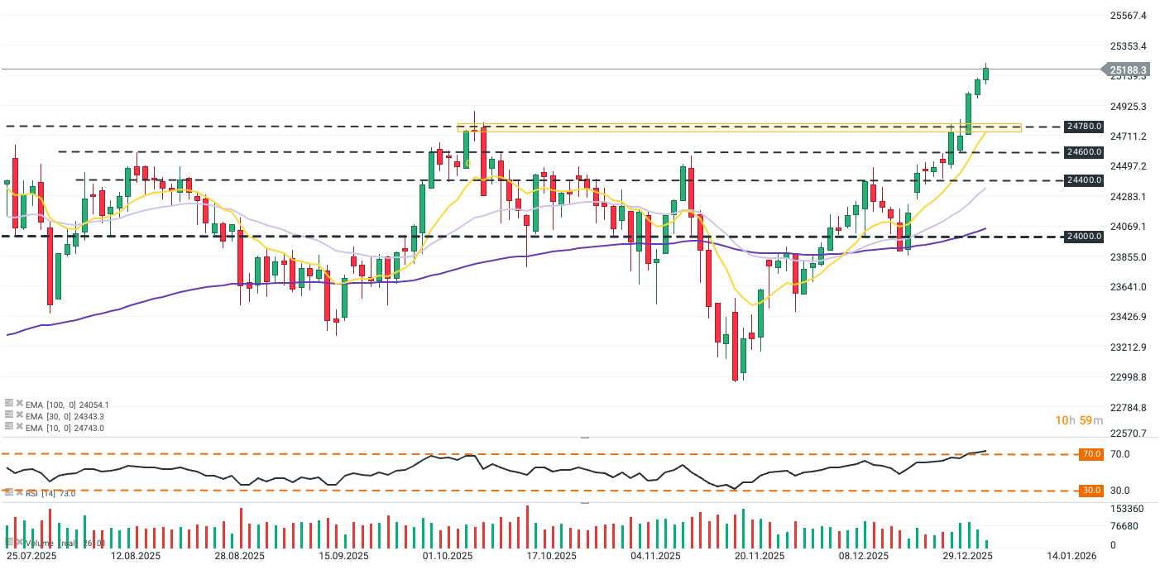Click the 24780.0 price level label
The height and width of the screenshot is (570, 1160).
click(1084, 127)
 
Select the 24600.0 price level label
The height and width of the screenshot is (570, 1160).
click(1084, 152)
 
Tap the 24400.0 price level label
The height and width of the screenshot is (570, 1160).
click(1084, 180)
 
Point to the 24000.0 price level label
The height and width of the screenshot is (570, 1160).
click(1084, 237)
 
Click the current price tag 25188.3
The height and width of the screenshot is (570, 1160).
click(1128, 70)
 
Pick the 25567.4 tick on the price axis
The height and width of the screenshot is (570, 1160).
click(1129, 16)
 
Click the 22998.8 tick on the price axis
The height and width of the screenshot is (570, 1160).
click(1129, 377)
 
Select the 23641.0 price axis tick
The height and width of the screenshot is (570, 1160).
click(1129, 287)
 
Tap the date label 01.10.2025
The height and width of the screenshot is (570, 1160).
click(448, 557)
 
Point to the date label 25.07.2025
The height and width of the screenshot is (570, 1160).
click(31, 557)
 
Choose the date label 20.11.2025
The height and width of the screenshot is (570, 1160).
click(760, 557)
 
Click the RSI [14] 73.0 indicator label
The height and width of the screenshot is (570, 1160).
click(50, 494)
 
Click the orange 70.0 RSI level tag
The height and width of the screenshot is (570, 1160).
click(1091, 454)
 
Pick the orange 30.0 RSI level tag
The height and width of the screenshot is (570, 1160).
click(1091, 491)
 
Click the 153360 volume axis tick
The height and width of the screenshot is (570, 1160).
click(1126, 509)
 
